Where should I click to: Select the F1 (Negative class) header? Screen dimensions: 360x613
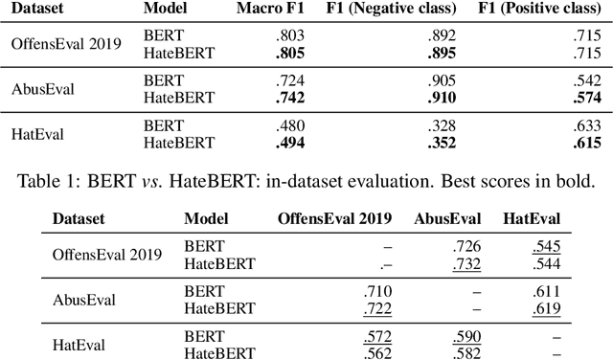coord(402,9)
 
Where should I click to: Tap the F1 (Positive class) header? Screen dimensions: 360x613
coord(544,9)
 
